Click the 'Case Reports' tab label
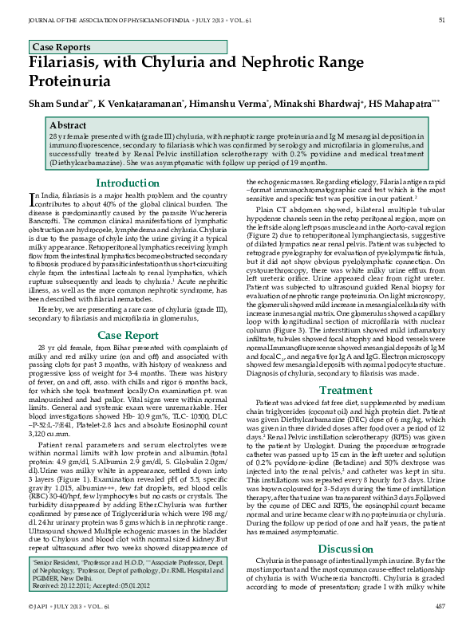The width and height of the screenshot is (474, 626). pos(57,47)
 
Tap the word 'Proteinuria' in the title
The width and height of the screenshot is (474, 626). pos(75,81)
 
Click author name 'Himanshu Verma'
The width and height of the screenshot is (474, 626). pos(234,104)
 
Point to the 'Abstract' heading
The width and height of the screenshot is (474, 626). pos(68,126)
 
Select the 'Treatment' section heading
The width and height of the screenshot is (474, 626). pos(346,390)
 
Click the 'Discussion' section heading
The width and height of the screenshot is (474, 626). pos(346,527)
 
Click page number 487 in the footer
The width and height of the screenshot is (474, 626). pos(440,606)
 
